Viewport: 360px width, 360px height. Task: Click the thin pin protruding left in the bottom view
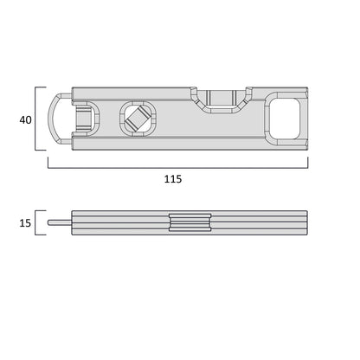tap(59, 223)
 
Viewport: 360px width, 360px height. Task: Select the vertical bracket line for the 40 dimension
tap(36, 119)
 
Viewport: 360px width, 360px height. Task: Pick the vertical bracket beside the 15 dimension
tap(36, 223)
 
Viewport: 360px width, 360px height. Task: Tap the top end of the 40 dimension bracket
tap(40, 87)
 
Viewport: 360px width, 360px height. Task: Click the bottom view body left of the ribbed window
tap(121, 223)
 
